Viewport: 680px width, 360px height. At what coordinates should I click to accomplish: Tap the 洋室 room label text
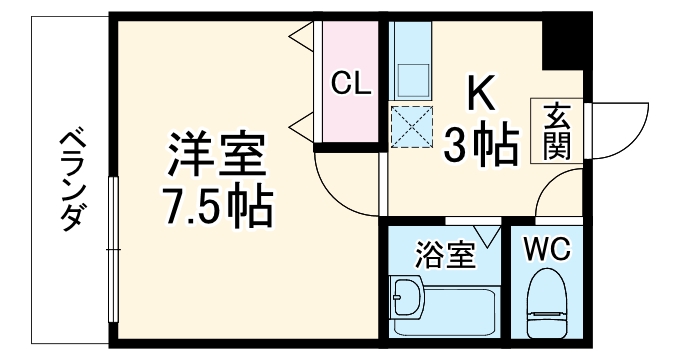click(216, 156)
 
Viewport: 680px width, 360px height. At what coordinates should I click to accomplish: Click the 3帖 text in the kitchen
click(482, 146)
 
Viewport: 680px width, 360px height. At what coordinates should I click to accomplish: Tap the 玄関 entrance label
click(557, 131)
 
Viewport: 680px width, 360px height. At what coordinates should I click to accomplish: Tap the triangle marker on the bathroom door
click(488, 236)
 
